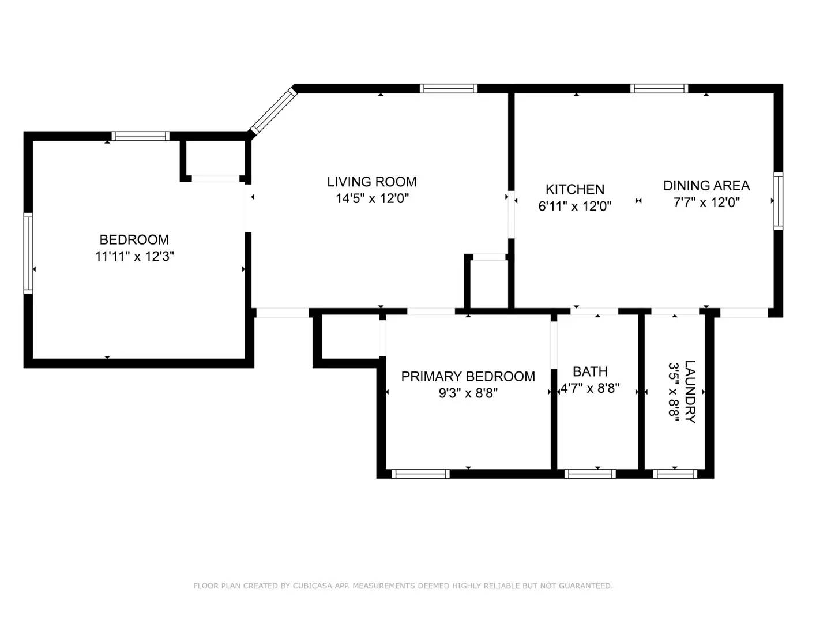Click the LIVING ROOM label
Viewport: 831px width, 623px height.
[371, 182]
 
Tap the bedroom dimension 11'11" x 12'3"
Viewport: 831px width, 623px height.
[134, 256]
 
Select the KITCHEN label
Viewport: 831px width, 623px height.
[574, 189]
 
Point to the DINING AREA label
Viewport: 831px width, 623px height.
[706, 186]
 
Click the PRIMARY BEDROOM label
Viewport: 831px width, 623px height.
[468, 377]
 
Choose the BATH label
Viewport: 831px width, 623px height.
[589, 372]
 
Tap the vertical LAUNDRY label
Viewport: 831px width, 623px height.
[690, 392]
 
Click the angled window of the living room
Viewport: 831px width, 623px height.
[273, 111]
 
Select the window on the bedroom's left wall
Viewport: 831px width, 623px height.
[28, 253]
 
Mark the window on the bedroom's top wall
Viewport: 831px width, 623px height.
[140, 136]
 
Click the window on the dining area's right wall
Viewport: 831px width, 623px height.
[778, 201]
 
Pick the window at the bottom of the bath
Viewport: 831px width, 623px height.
[589, 474]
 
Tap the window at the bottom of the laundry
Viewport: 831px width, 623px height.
[675, 474]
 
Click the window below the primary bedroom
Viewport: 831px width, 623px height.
[420, 474]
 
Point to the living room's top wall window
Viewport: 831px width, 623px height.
[448, 88]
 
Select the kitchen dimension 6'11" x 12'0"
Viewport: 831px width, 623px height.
[574, 206]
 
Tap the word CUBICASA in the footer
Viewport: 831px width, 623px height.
[313, 586]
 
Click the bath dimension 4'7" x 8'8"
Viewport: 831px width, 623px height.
[590, 389]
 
